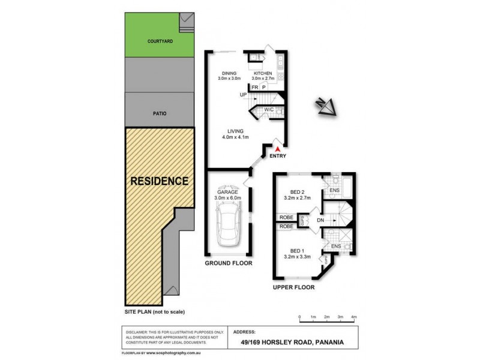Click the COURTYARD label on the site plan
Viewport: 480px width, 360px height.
tap(160, 42)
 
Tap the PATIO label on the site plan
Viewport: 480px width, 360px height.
tap(159, 113)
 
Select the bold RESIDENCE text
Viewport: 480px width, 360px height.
tap(160, 181)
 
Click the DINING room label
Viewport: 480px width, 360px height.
tap(229, 73)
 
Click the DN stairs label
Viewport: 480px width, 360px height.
tap(320, 220)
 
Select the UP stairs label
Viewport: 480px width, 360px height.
tap(243, 95)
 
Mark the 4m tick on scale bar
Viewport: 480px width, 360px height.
tap(354, 317)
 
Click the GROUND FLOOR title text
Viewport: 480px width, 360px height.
tap(228, 263)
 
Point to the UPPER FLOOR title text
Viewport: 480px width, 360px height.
tap(294, 287)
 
